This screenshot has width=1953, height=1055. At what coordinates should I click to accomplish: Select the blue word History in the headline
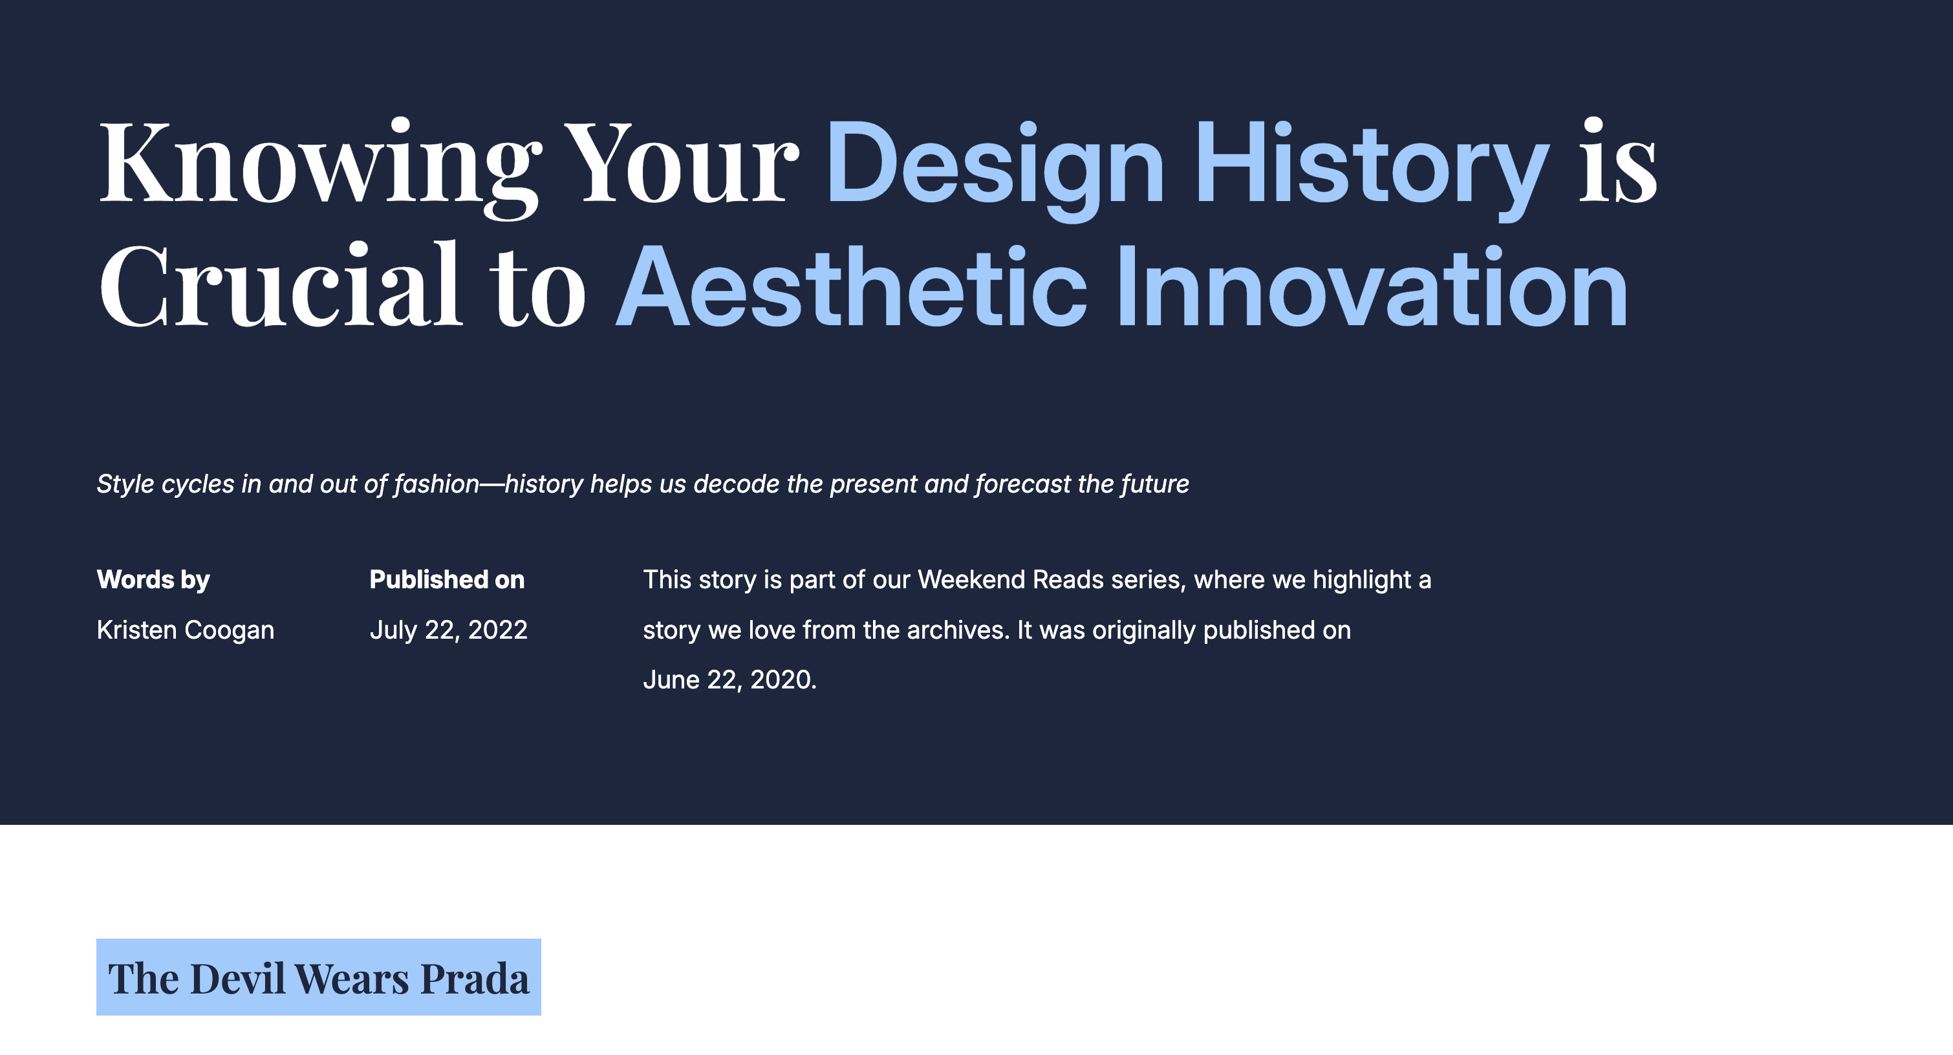click(1372, 168)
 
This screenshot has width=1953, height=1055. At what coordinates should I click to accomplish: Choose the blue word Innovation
click(1372, 286)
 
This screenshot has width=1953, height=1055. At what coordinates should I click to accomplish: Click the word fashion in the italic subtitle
click(437, 484)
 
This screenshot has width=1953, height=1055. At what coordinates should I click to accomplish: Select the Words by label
click(153, 580)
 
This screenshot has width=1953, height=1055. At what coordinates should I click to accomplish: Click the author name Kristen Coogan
click(186, 630)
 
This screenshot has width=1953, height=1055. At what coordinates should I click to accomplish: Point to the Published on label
click(447, 580)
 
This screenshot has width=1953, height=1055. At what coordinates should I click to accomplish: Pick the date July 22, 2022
click(448, 630)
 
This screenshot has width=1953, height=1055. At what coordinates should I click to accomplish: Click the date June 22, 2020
click(729, 680)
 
